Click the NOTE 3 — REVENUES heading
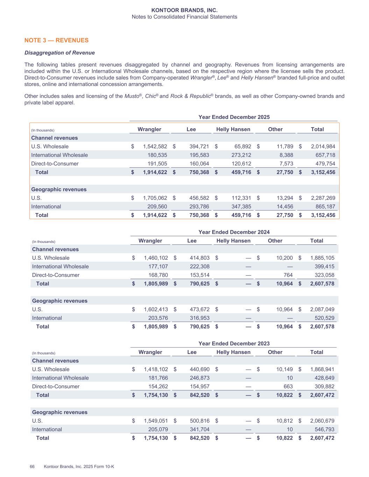pyautogui.click(x=56, y=40)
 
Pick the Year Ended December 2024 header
pyautogui.click(x=234, y=232)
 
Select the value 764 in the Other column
pyautogui.click(x=288, y=275)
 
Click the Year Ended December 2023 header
pyautogui.click(x=234, y=344)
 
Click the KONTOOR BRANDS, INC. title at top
pyautogui.click(x=184, y=10)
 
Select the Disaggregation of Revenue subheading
pyautogui.click(x=59, y=53)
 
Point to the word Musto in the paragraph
pyautogui.click(x=131, y=96)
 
